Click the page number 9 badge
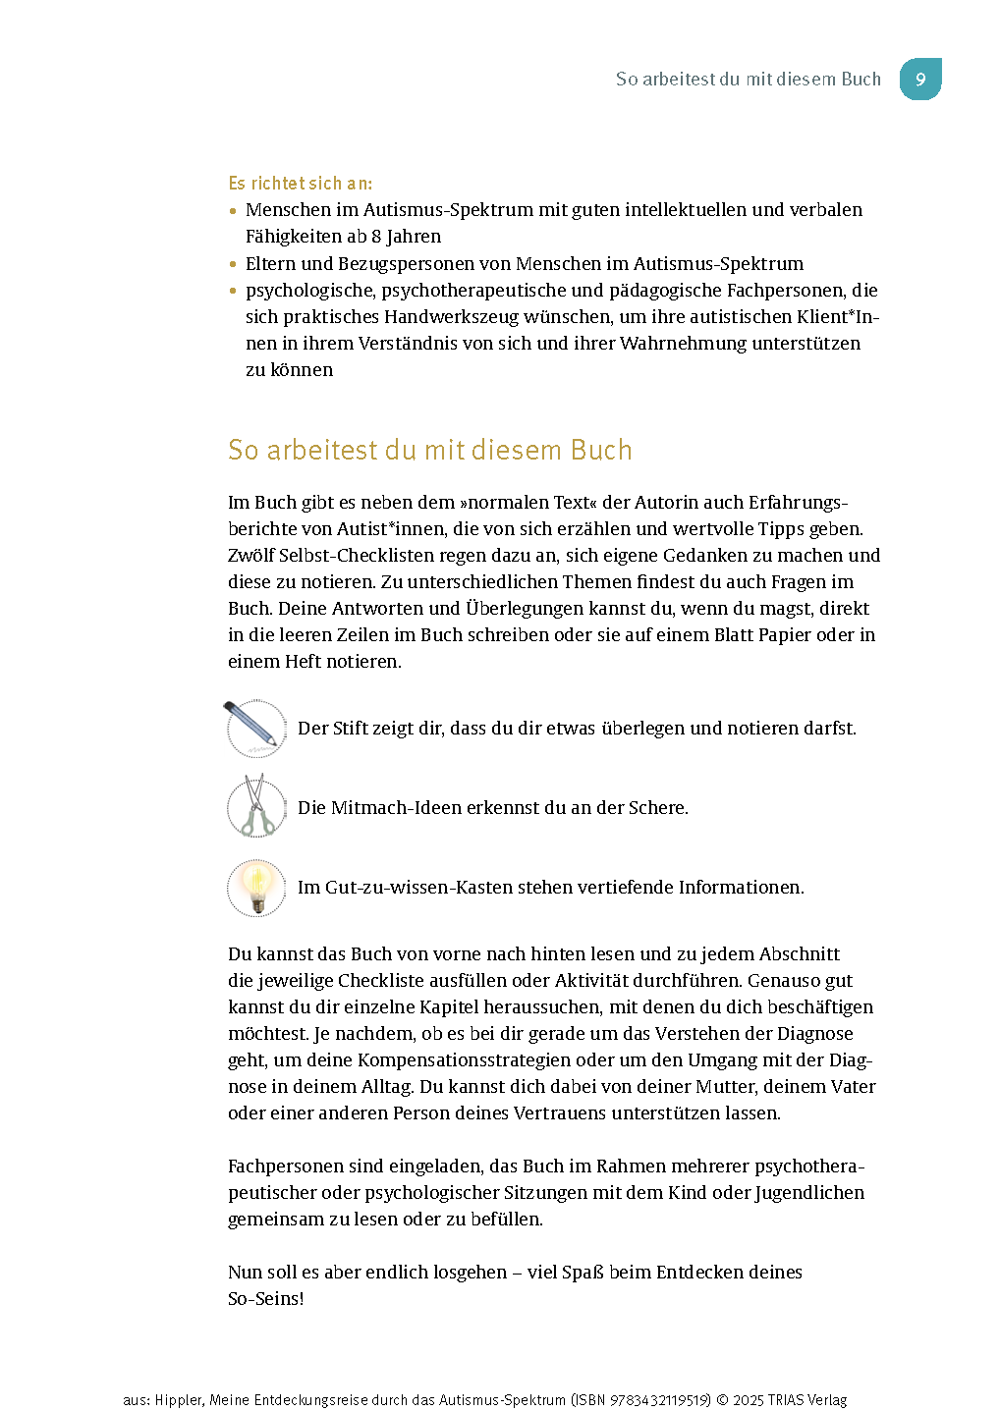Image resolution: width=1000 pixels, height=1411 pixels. click(920, 80)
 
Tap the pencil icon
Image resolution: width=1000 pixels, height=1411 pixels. click(255, 728)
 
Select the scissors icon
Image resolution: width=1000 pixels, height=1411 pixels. click(255, 807)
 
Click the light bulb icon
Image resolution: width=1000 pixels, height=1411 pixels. click(255, 887)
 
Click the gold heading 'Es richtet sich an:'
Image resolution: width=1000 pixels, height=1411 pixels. click(300, 184)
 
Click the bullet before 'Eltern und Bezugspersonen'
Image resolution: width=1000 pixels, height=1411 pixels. click(233, 264)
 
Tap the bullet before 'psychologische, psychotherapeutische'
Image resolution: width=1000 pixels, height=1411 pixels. click(233, 291)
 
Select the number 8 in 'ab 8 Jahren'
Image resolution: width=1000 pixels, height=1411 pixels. click(376, 237)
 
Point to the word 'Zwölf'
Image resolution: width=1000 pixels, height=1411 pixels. click(250, 556)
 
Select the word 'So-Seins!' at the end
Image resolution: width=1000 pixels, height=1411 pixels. click(265, 1299)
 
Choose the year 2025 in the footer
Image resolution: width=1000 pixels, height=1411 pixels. click(749, 1400)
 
